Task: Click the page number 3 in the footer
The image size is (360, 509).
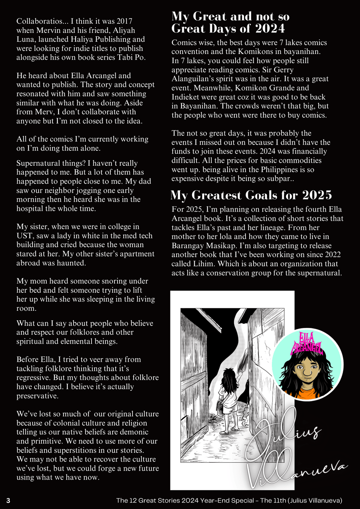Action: [8, 501]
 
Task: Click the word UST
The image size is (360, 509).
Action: [24, 236]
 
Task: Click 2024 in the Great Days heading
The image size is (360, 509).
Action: [270, 29]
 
